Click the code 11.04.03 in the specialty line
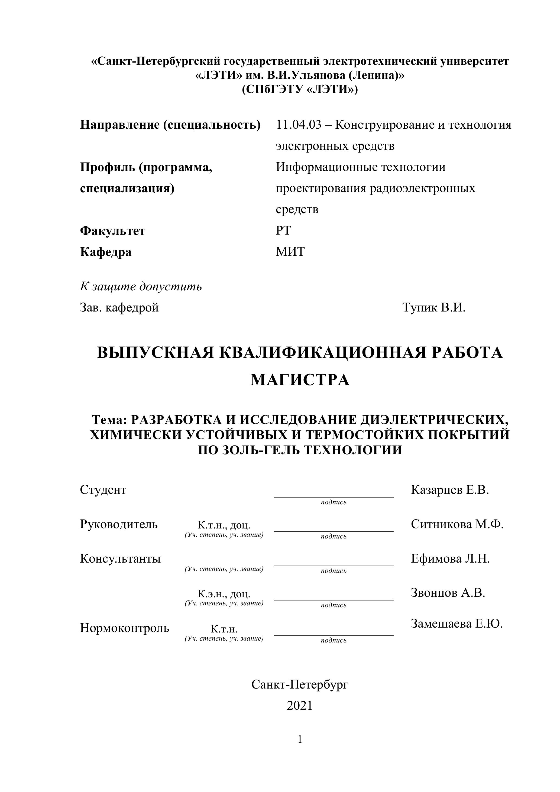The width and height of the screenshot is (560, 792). [299, 125]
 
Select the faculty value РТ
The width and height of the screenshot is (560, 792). [283, 231]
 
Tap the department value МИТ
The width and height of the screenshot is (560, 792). [290, 252]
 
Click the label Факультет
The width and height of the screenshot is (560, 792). [112, 231]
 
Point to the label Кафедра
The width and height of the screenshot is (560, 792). [106, 252]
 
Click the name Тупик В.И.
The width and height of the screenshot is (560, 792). [434, 307]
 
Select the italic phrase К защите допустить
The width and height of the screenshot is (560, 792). [141, 286]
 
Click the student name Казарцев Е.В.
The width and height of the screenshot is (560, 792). [449, 490]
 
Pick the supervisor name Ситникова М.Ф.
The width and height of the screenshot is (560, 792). [457, 524]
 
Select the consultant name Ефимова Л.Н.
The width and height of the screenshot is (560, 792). [450, 559]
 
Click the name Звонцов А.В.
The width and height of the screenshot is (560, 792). [448, 593]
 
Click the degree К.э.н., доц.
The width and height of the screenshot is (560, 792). [224, 594]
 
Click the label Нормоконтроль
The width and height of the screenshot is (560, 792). [125, 628]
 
